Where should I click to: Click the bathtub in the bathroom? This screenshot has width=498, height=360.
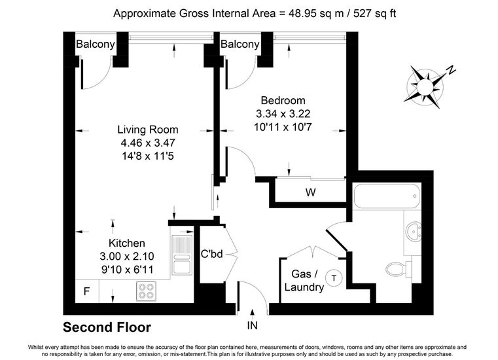[387, 196]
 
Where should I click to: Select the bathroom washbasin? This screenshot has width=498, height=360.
[414, 231]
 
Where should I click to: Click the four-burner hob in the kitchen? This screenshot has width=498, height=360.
[147, 291]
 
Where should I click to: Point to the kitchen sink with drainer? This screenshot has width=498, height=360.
[182, 255]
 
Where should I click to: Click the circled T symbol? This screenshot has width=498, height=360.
[334, 278]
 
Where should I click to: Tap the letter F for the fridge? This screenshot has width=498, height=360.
[86, 291]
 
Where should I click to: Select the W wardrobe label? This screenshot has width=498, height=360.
[310, 192]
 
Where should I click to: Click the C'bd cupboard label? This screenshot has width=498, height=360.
[212, 254]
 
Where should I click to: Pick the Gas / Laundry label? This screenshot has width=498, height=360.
[304, 280]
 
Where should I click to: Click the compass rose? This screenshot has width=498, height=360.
[425, 86]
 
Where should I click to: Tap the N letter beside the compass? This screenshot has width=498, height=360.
[451, 70]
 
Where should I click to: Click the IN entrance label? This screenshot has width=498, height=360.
[253, 325]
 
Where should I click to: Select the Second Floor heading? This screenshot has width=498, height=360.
[107, 327]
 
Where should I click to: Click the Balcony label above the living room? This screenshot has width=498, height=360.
[96, 44]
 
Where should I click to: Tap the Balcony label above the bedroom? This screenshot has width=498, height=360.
[240, 44]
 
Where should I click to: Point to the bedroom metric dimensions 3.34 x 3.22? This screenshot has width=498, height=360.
[283, 114]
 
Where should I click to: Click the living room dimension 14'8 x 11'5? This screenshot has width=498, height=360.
[148, 156]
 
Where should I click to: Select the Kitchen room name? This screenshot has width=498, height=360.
[127, 243]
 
